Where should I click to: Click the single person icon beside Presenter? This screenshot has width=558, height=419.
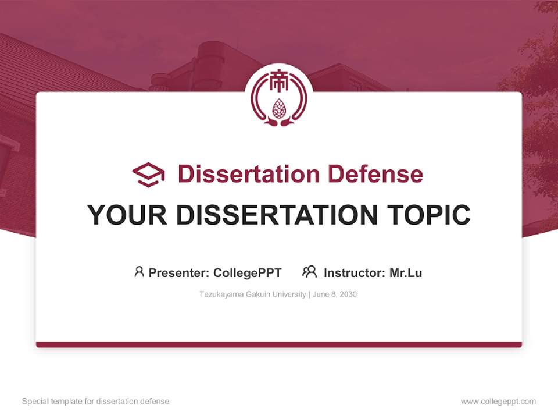pos(139,272)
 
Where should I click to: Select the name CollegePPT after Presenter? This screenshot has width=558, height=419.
pos(248,272)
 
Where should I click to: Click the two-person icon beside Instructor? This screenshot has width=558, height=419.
pos(309,272)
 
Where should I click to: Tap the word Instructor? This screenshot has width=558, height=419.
pos(354,272)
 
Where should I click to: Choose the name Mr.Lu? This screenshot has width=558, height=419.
pos(406,272)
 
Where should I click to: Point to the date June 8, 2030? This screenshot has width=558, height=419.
pos(335,294)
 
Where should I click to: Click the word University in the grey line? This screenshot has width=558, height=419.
pos(289,294)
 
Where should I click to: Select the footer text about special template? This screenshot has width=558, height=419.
pos(96,402)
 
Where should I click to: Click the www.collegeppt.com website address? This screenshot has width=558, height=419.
pos(498,402)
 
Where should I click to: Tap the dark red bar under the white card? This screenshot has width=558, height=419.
pos(279,345)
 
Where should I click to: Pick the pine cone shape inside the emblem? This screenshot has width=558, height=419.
pos(279,108)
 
